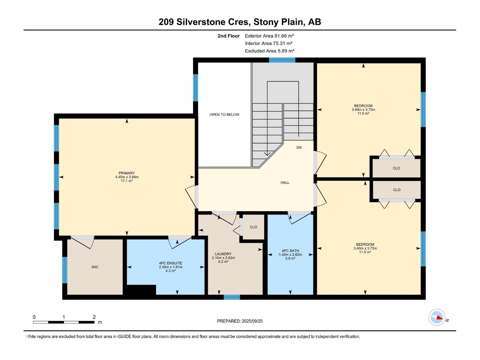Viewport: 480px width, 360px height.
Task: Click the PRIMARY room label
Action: click(x=127, y=173)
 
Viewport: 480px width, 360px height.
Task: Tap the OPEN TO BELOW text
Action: click(x=224, y=115)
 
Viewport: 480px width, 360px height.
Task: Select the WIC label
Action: click(x=95, y=267)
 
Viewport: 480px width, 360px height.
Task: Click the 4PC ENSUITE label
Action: click(x=170, y=263)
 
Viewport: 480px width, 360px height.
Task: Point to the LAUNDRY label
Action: click(x=223, y=254)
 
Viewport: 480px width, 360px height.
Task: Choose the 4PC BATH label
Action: click(x=290, y=251)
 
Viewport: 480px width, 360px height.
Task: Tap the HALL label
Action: click(x=285, y=182)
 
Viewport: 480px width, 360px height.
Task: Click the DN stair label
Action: click(x=299, y=148)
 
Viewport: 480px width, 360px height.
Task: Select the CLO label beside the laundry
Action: click(x=253, y=227)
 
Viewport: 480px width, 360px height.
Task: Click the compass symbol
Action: click(x=437, y=317)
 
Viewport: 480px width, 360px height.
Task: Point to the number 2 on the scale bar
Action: click(x=94, y=317)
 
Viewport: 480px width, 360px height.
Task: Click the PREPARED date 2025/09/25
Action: click(x=252, y=321)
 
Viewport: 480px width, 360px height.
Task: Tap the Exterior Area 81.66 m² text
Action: click(x=269, y=36)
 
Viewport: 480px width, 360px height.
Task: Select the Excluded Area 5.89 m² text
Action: click(x=269, y=51)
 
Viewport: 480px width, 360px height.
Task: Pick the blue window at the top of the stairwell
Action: click(x=282, y=60)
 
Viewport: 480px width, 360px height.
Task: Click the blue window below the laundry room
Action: click(x=232, y=297)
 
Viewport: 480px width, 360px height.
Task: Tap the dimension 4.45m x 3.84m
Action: click(x=127, y=177)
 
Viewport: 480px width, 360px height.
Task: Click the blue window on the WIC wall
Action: click(x=65, y=270)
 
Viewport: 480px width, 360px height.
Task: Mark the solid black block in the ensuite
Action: click(x=141, y=290)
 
